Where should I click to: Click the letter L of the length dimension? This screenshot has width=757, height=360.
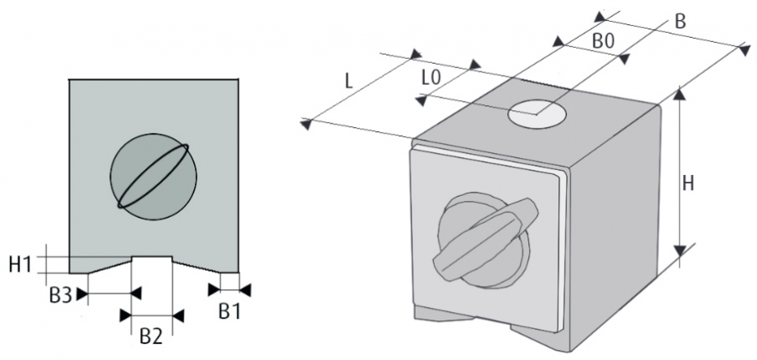point(347,82)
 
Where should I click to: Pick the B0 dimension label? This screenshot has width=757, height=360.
point(602,40)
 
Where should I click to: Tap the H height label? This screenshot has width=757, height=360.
point(689,183)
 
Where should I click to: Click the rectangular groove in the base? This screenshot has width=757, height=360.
point(152,266)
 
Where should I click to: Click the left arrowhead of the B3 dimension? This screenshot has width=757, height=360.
point(82,293)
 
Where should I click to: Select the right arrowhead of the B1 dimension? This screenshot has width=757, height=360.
point(246,289)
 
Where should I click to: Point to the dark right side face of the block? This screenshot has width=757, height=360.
point(618,219)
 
